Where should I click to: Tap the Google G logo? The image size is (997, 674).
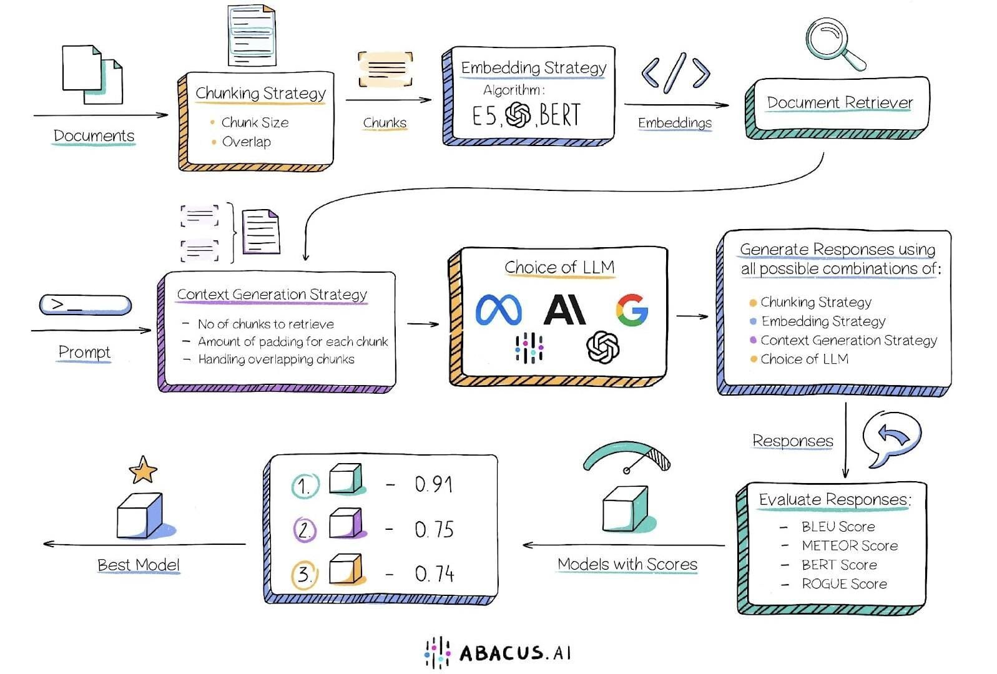(631, 310)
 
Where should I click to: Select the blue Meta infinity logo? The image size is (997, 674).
(498, 310)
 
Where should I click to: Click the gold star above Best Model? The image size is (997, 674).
(142, 470)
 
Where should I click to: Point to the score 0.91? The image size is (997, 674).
(433, 484)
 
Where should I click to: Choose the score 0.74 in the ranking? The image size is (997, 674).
(434, 574)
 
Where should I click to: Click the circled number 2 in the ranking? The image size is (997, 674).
(305, 530)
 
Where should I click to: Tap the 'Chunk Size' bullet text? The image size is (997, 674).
(255, 122)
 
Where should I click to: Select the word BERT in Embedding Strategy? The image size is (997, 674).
(560, 115)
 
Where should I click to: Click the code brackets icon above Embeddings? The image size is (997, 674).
(675, 73)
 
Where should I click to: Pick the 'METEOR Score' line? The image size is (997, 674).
(849, 545)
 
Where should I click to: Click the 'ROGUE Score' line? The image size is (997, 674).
(844, 584)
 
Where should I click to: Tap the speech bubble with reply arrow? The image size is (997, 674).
(891, 436)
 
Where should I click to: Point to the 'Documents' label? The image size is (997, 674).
(94, 135)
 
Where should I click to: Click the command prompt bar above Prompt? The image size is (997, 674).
(86, 305)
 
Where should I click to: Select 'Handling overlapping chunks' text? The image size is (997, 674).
(276, 359)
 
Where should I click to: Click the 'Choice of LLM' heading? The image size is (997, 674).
(559, 267)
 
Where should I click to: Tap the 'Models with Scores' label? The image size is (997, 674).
(627, 564)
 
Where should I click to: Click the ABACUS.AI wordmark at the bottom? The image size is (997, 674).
(514, 653)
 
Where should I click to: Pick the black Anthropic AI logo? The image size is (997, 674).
(564, 310)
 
